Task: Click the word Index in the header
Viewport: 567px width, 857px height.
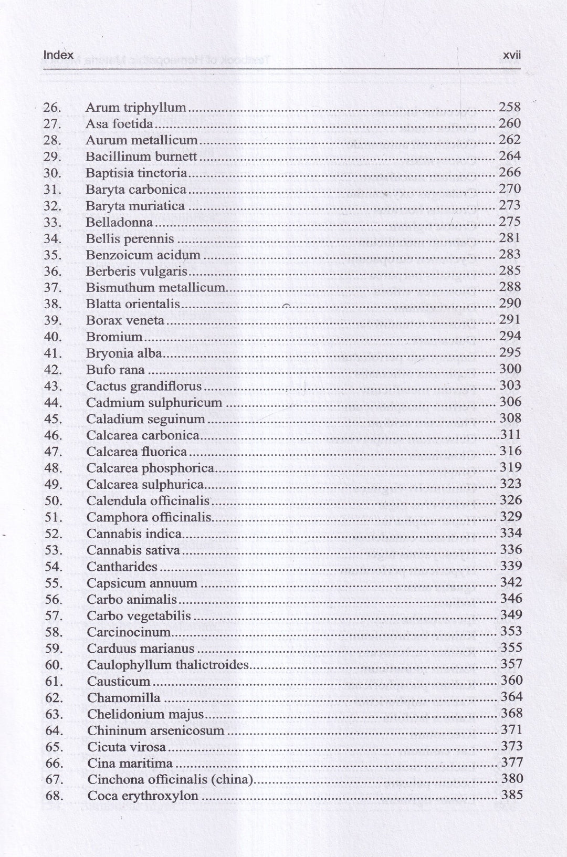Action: [x=58, y=55]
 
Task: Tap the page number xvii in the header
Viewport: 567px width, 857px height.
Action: [x=511, y=55]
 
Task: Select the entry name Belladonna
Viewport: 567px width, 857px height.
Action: [x=119, y=223]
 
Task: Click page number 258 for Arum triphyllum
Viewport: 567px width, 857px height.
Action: [x=509, y=108]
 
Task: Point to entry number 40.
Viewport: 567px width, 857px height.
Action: [x=52, y=337]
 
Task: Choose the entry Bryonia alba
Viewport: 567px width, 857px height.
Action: [x=124, y=353]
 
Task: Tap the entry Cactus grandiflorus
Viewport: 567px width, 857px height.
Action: [x=144, y=386]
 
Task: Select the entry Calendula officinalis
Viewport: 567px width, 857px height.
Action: [x=148, y=501]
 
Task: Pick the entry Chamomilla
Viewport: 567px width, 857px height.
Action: [x=123, y=698]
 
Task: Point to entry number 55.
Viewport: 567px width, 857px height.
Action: [x=54, y=583]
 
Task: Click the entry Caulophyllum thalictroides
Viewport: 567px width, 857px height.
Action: [x=167, y=665]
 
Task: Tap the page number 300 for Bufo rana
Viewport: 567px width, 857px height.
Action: [x=510, y=369]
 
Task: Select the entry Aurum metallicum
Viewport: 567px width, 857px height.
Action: [x=141, y=141]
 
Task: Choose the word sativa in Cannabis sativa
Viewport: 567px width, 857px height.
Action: [x=163, y=550]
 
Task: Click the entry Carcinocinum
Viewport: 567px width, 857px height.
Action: [x=129, y=632]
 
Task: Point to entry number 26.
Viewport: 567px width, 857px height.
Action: [x=52, y=108]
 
